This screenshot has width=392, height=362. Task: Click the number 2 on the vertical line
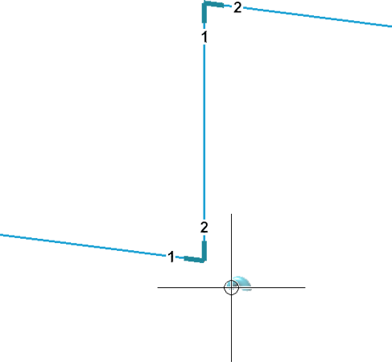(204, 227)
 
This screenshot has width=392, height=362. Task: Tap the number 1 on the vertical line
(204, 37)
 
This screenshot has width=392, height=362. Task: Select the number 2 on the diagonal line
(237, 7)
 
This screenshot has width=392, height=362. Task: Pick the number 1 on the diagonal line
(171, 257)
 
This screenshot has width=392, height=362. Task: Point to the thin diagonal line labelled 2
(317, 17)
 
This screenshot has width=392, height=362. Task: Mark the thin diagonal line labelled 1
(83, 245)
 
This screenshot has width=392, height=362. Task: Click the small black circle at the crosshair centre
(231, 287)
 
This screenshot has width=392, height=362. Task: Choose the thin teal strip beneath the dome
(247, 290)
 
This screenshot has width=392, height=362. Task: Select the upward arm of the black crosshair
(231, 247)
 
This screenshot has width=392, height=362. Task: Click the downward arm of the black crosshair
(231, 328)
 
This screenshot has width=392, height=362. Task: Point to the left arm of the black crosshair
(191, 287)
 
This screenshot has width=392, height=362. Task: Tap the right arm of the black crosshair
(272, 287)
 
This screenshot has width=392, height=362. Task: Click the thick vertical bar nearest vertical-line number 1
(204, 13)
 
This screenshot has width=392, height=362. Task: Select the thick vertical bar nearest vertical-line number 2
(204, 250)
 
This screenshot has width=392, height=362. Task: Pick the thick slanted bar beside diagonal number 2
(214, 4)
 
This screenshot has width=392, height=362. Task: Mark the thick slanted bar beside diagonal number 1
(194, 259)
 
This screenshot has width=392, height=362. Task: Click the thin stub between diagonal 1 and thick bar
(179, 257)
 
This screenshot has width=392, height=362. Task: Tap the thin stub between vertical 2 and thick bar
(204, 238)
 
